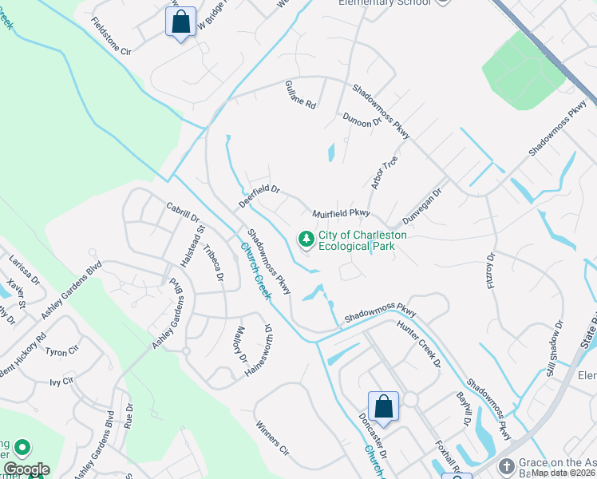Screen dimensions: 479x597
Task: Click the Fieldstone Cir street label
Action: pos(111,36)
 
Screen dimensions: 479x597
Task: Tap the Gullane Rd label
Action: pos(301,95)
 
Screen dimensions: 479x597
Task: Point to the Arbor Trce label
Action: pos(384,172)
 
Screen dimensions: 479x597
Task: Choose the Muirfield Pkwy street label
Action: pos(341,213)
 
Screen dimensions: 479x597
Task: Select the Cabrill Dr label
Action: pos(183,212)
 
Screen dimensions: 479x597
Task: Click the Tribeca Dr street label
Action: pos(213,263)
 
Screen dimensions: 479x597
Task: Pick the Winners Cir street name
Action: pos(271,439)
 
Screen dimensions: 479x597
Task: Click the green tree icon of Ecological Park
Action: pos(305,239)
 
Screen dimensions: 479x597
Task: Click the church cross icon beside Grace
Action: pos(506,466)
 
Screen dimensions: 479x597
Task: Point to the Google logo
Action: pos(26,469)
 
